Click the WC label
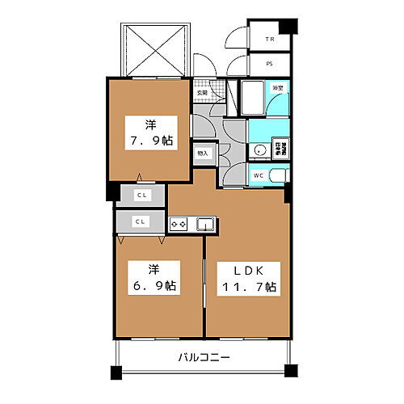pos(259,175)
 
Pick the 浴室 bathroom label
pos(276,87)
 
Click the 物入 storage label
pos(202,152)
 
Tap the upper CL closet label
pos(141,196)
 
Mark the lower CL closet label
pos(141,221)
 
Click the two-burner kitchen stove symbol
pos(179,224)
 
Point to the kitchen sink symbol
pos(204,224)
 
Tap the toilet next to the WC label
pos(277,175)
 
